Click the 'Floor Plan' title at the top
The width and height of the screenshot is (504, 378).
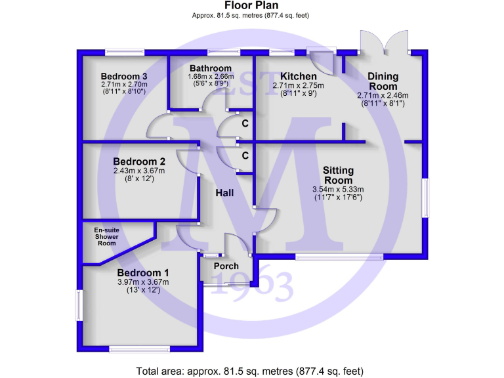click(x=251, y=5)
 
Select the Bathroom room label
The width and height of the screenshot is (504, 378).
click(x=211, y=68)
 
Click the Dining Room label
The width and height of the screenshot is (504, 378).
click(x=383, y=81)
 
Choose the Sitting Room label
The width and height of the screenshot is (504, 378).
click(x=338, y=175)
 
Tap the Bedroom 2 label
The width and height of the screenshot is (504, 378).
click(x=138, y=161)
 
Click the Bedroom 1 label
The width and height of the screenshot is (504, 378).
click(x=143, y=273)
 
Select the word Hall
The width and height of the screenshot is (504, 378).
click(x=226, y=193)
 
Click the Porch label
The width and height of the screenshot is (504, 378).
click(x=226, y=266)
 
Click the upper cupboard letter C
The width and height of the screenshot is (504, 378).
click(x=245, y=123)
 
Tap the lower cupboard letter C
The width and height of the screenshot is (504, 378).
click(x=245, y=156)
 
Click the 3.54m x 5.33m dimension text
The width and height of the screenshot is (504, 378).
click(x=338, y=190)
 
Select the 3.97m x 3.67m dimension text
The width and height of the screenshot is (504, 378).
click(x=143, y=282)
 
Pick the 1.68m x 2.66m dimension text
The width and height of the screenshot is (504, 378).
click(x=211, y=76)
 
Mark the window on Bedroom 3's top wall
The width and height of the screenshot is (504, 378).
click(x=125, y=51)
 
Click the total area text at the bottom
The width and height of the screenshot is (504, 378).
click(x=251, y=371)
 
